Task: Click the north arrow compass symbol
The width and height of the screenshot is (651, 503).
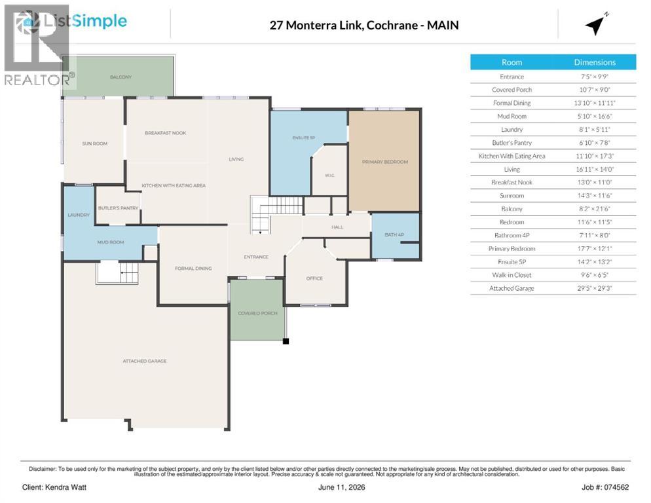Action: [x=596, y=25]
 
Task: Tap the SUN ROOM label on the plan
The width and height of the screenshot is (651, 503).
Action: [x=95, y=143]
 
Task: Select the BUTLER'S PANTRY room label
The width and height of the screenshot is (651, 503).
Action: [x=119, y=208]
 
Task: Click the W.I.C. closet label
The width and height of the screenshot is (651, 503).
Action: [x=329, y=176]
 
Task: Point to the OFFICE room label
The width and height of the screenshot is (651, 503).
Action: [x=314, y=278]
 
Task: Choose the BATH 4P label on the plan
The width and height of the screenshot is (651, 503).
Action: [x=394, y=234]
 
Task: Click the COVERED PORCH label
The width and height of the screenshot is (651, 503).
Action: [x=257, y=313]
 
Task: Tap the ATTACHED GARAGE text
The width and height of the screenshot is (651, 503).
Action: [x=145, y=361]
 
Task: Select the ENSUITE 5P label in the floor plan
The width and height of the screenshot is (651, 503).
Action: [x=304, y=138]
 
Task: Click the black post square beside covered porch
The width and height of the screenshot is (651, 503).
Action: [x=286, y=341]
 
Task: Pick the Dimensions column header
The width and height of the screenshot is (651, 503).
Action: [x=595, y=62]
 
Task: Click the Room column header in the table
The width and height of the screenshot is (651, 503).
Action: [x=511, y=62]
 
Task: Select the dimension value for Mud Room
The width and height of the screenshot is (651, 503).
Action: [x=595, y=117]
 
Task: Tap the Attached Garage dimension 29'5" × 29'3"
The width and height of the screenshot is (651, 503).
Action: [x=595, y=288]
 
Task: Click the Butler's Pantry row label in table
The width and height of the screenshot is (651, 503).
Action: [x=511, y=143]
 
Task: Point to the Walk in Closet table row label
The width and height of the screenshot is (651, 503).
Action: [x=511, y=275]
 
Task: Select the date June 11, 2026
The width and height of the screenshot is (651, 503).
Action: [x=342, y=487]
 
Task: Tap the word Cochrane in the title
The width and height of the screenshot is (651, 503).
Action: [x=392, y=26]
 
